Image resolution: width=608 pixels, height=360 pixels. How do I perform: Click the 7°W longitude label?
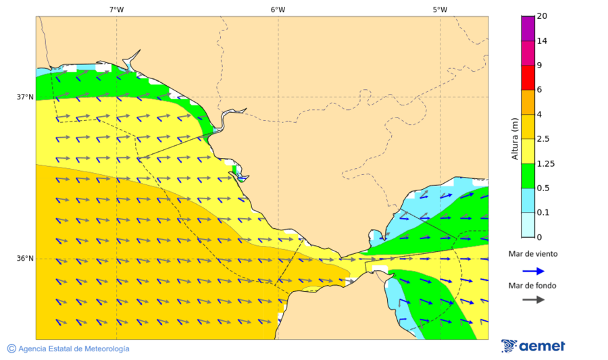(x=116, y=9)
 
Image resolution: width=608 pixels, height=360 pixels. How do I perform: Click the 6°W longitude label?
(x=278, y=9)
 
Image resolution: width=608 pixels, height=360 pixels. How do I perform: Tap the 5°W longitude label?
(x=440, y=9)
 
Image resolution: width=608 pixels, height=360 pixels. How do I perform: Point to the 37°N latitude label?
(x=25, y=97)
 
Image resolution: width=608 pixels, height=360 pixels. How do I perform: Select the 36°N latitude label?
(x=25, y=258)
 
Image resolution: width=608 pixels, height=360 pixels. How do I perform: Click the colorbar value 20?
(x=542, y=16)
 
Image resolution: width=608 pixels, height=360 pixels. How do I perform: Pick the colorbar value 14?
(x=542, y=41)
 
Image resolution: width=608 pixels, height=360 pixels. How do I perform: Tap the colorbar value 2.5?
(x=543, y=139)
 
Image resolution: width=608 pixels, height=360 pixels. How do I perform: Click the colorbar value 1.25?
(x=545, y=163)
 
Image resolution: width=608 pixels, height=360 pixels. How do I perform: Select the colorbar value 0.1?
(x=543, y=213)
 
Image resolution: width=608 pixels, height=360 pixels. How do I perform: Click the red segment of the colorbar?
(x=528, y=77)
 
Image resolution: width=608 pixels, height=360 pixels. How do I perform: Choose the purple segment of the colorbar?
(x=528, y=28)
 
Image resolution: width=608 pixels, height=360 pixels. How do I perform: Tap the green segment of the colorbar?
(x=528, y=176)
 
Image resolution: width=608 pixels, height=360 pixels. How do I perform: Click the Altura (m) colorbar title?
(x=515, y=139)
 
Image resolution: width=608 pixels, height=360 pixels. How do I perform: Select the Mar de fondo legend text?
(x=533, y=286)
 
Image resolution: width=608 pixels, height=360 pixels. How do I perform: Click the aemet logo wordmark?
(x=542, y=346)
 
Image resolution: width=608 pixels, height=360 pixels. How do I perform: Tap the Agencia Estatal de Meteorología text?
(x=74, y=349)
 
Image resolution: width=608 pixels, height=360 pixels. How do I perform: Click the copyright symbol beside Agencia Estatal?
(x=11, y=349)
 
